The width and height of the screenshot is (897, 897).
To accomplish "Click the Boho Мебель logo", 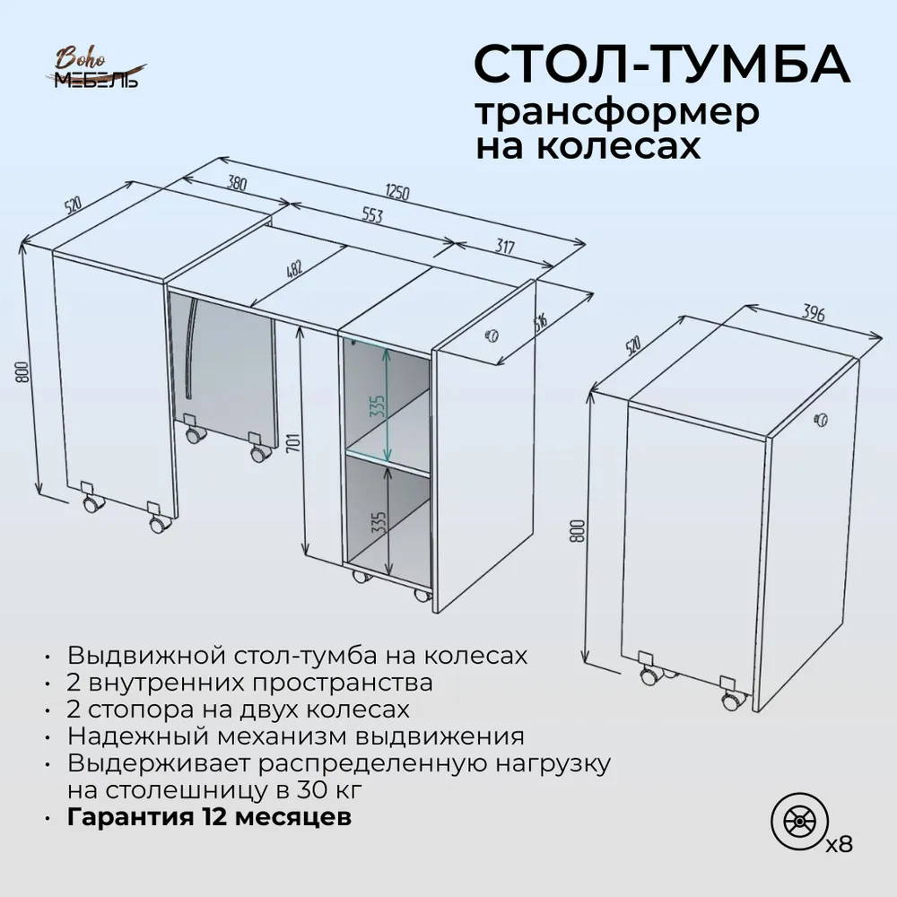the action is click(x=96, y=70).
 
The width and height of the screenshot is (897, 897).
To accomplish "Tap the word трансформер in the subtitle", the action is click(x=617, y=111).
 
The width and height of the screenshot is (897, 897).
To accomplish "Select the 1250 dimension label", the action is click(x=397, y=192).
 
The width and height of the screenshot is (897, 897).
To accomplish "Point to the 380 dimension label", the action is click(x=237, y=183).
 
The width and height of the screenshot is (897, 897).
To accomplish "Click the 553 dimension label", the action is click(x=371, y=215).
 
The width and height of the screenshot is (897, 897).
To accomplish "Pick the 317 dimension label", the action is click(x=504, y=247).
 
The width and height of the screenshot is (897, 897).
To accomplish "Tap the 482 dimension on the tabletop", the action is click(x=294, y=269).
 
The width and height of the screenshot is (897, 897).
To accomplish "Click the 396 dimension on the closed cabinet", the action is click(x=813, y=313).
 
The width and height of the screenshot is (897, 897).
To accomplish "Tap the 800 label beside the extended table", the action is click(x=22, y=372).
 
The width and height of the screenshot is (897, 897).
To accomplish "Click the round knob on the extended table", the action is click(x=492, y=335).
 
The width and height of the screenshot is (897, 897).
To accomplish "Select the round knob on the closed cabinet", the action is click(x=822, y=418).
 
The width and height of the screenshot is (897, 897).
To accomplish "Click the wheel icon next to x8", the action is click(x=800, y=822).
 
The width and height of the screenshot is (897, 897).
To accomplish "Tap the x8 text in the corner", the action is click(x=840, y=844).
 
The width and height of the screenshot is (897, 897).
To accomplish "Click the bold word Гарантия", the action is click(x=130, y=817).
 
